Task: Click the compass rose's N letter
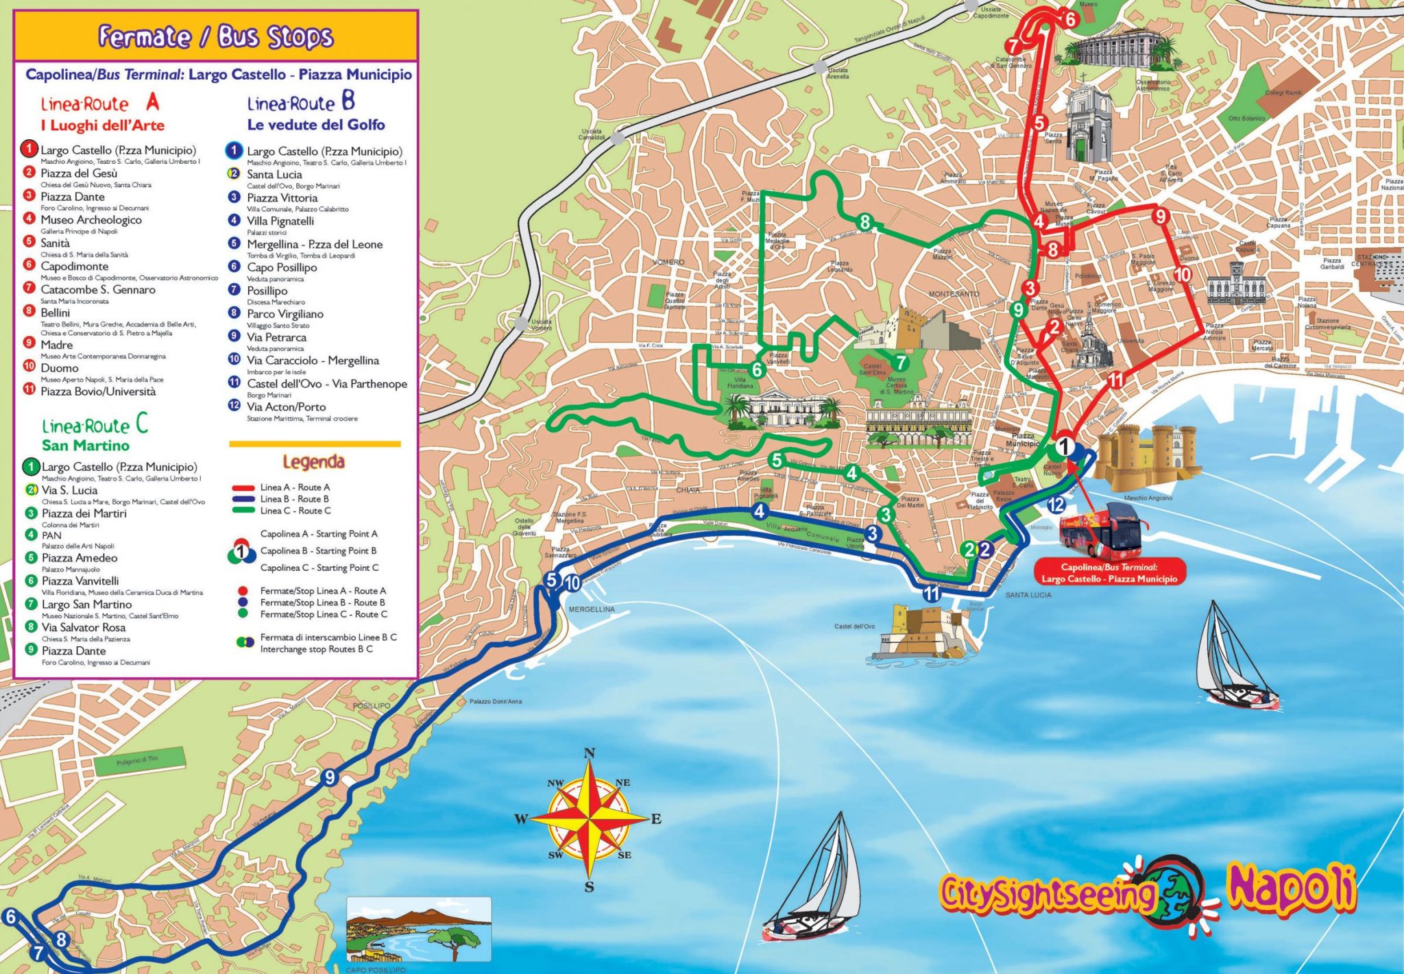(x=589, y=754)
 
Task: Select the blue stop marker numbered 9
(x=330, y=777)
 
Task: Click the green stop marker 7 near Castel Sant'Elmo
(x=901, y=363)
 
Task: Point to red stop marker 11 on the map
(x=1116, y=380)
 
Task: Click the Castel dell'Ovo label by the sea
(x=854, y=626)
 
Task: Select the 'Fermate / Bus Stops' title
(x=216, y=36)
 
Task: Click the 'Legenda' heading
(x=313, y=462)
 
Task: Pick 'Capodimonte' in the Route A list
(x=74, y=266)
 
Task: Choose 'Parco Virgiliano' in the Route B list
(x=285, y=314)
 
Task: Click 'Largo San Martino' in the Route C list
(x=86, y=605)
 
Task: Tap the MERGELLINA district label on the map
(x=592, y=609)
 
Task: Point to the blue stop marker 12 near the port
(x=1056, y=505)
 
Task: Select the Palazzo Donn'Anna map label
(x=496, y=701)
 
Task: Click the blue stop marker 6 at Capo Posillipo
(x=10, y=916)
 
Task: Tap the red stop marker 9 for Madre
(x=1160, y=217)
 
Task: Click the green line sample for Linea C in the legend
(x=243, y=511)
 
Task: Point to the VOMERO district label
(x=668, y=262)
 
